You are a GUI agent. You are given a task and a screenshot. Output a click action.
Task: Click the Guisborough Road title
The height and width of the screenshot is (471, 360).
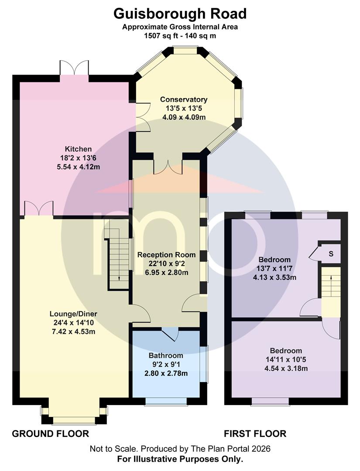click(180, 14)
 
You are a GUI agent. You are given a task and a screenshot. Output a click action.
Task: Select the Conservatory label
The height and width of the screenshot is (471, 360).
click(184, 99)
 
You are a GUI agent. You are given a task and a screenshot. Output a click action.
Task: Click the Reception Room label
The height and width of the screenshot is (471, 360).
click(167, 255)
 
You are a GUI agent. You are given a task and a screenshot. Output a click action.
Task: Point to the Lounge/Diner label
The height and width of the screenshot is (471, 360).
click(73, 314)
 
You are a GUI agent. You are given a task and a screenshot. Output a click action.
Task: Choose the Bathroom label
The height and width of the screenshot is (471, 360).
click(166, 356)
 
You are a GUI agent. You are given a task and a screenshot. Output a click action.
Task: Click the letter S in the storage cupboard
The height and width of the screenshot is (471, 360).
click(331, 254)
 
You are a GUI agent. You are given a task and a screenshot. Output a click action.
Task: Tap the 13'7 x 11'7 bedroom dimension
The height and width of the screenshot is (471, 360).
click(274, 269)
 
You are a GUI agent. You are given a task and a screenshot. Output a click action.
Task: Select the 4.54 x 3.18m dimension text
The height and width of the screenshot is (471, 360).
click(286, 369)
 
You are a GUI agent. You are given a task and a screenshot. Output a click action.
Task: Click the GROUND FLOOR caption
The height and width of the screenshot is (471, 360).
click(51, 434)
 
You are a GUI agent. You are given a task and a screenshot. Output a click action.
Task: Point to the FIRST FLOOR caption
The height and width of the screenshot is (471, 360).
click(255, 434)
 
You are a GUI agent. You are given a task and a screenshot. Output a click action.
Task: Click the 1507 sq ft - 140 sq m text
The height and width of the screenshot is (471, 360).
click(180, 36)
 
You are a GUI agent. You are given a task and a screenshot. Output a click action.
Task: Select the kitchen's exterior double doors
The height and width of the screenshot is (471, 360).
click(74, 68)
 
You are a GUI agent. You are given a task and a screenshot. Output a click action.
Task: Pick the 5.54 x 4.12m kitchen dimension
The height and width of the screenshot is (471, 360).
click(79, 167)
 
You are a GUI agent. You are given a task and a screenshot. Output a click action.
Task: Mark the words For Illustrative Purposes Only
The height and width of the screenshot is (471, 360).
click(180, 459)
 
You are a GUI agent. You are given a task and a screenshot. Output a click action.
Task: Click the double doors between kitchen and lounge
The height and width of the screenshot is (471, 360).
click(39, 208)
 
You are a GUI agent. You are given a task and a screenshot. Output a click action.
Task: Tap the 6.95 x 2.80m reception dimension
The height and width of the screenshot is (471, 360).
click(167, 273)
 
